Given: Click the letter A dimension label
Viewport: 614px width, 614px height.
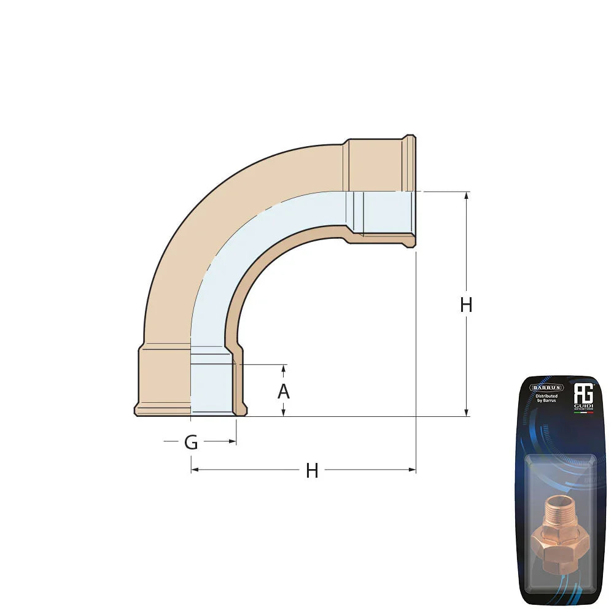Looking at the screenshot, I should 283,391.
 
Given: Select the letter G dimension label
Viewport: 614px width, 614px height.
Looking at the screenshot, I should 192,442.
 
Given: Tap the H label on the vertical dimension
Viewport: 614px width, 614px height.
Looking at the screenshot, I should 466,305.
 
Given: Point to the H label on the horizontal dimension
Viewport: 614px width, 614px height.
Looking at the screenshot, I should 312,471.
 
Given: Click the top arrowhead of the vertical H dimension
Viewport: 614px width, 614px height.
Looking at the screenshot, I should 467,196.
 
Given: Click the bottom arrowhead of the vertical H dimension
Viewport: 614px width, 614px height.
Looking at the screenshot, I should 467,413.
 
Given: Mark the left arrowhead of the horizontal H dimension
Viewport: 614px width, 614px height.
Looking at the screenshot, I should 195,470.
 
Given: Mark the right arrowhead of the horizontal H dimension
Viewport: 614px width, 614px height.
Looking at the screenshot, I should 412,470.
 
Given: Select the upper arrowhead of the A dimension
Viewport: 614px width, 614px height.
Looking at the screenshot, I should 283,368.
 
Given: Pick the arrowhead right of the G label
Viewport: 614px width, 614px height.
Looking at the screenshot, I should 233,441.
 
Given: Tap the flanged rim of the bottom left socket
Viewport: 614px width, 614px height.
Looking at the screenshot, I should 162,410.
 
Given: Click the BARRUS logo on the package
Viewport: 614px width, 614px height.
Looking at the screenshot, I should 546,387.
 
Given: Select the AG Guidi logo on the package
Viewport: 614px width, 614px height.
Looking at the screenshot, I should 581,393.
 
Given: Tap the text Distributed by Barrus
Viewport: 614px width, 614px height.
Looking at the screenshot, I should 546,399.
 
